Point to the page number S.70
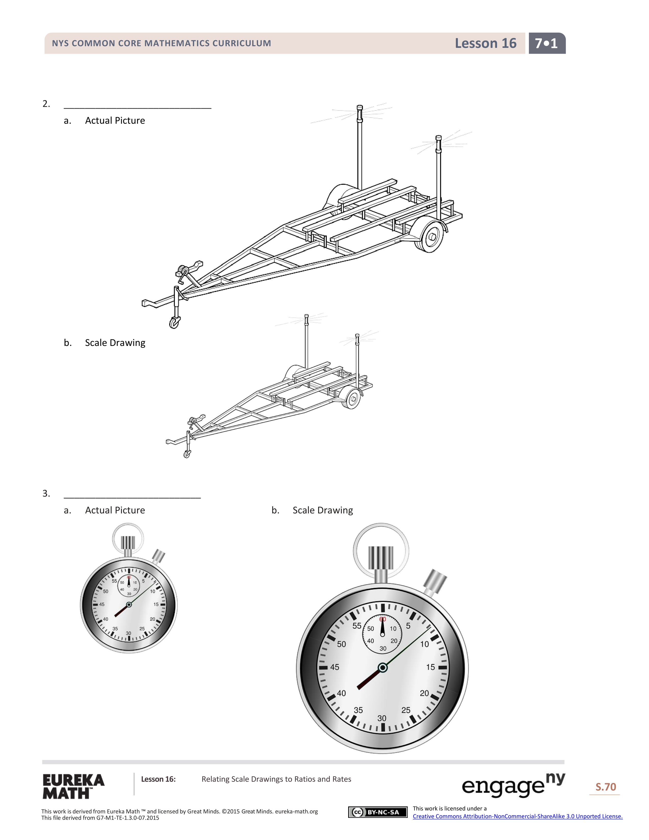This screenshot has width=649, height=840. tap(605, 787)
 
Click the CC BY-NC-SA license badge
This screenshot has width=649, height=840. tap(377, 812)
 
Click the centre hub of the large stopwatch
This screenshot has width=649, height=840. tap(383, 668)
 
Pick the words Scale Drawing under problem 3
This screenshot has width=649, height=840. tap(322, 510)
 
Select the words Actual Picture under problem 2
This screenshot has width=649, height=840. tap(115, 121)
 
